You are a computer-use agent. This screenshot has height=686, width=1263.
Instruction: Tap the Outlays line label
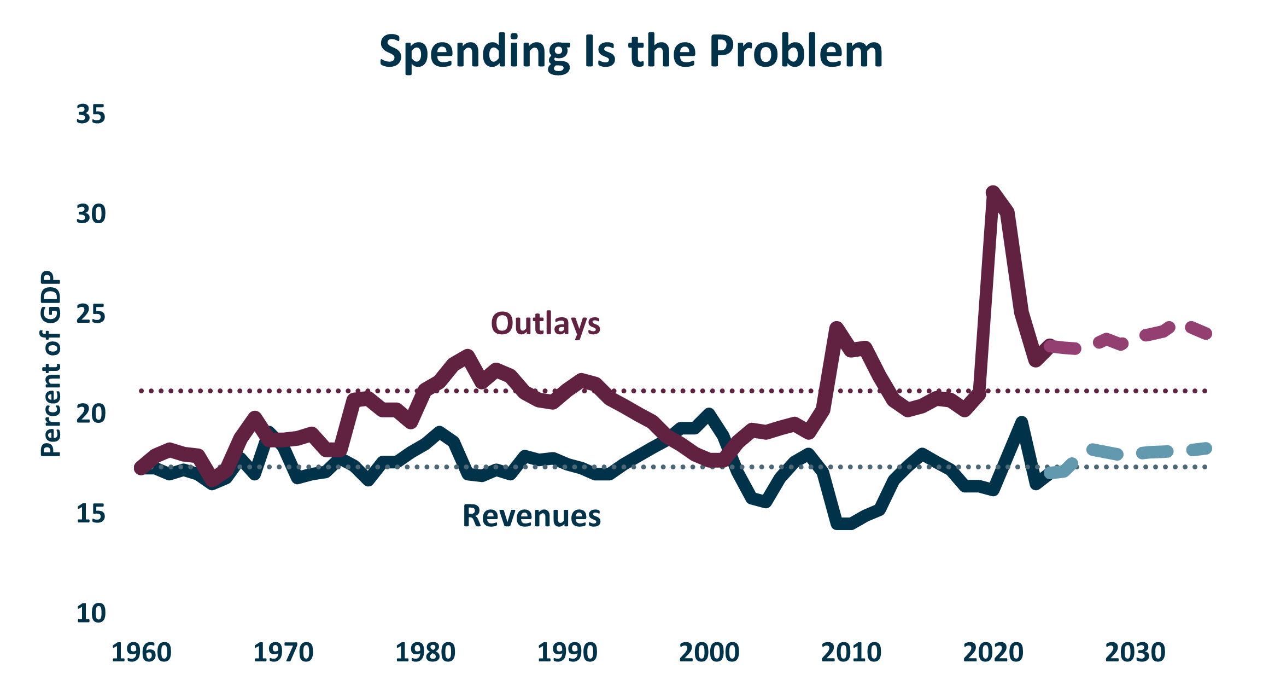point(545,323)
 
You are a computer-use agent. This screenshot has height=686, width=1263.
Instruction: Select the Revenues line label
point(531,516)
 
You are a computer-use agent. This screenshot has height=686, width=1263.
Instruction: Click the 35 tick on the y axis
point(91,115)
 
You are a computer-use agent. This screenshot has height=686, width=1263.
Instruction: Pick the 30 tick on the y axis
point(91,214)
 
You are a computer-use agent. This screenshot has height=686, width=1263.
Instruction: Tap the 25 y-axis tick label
point(91,315)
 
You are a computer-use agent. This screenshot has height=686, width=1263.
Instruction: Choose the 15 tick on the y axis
point(91,514)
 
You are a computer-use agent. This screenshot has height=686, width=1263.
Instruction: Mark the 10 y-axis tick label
point(91,613)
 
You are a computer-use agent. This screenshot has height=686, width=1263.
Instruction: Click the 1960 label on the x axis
point(142,653)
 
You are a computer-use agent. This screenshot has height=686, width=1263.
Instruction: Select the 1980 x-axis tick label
point(425,653)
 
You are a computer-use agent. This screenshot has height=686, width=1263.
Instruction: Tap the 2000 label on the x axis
point(709,653)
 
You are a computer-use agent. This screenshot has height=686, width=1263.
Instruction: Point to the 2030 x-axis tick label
point(1135,653)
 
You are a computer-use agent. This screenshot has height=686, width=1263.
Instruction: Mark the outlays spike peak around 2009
point(837,328)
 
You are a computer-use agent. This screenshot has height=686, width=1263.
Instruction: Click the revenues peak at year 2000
point(709,414)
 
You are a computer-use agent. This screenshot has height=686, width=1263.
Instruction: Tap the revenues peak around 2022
point(1021,423)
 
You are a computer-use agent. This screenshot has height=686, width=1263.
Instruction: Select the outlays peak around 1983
point(467,356)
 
